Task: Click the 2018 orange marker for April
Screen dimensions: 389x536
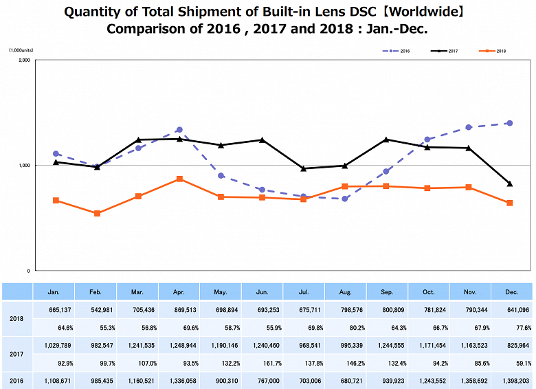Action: click(179, 179)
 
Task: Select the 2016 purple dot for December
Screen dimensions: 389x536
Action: click(509, 123)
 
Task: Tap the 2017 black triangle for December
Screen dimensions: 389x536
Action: click(509, 184)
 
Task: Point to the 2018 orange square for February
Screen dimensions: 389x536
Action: click(97, 213)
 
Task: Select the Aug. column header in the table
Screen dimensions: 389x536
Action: click(346, 291)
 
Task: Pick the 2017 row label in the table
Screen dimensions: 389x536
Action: click(16, 354)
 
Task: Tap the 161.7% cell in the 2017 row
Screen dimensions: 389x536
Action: click(263, 363)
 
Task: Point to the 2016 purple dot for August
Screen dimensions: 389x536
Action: click(344, 199)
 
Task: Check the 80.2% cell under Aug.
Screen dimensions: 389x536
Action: click(346, 328)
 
